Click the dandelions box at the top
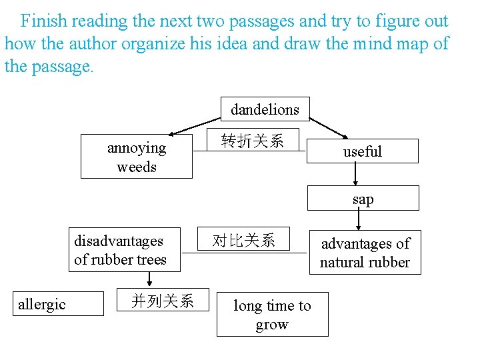[x=265, y=109]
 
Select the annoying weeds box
[x=137, y=157]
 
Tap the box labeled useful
[x=363, y=151]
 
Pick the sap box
[x=363, y=199]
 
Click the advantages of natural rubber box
[x=365, y=253]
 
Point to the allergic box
[x=58, y=304]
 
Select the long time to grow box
[x=272, y=315]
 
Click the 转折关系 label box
[x=252, y=141]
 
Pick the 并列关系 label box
[x=163, y=301]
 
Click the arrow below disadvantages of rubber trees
[x=151, y=281]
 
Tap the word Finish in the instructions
[x=45, y=21]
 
